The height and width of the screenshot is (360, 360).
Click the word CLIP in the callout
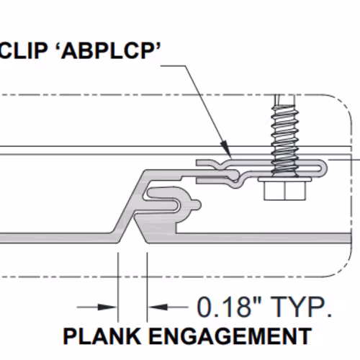[x=23, y=51]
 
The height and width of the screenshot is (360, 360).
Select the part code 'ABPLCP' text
[x=110, y=51]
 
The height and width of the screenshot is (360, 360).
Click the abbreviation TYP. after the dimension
[x=301, y=307]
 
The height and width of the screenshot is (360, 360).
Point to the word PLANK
[x=102, y=336]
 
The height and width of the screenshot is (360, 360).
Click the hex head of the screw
[x=285, y=191]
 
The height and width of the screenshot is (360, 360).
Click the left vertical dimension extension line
[x=118, y=287]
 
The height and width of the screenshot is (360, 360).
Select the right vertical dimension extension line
[x=147, y=287]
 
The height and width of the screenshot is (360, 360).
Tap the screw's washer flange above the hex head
[x=284, y=179]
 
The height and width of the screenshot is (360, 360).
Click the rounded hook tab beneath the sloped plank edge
[x=173, y=199]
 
